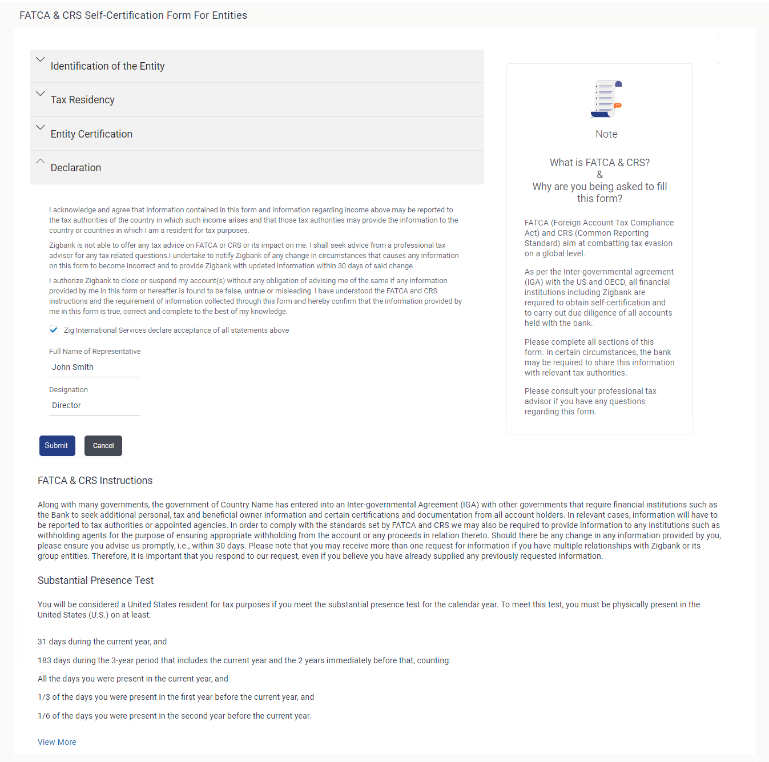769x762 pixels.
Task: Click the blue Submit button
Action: pos(57,446)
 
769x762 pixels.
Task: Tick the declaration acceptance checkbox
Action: pos(54,330)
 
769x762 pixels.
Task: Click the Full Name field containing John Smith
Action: pos(94,367)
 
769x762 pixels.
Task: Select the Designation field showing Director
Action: pos(94,405)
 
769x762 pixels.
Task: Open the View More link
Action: pos(57,742)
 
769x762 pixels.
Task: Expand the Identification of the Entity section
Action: pos(107,66)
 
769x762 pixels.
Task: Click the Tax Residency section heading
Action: pos(83,100)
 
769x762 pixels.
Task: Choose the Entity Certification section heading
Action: pos(91,134)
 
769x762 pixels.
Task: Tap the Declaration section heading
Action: pos(76,168)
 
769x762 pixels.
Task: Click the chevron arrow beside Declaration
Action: pos(40,162)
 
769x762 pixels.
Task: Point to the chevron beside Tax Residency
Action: pos(40,94)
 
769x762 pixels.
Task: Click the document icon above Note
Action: pos(606,99)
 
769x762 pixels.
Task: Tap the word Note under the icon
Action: pos(606,134)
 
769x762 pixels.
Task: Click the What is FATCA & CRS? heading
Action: pos(599,163)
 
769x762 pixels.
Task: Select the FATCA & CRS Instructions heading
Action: pos(95,481)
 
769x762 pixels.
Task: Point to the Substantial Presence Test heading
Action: pos(96,580)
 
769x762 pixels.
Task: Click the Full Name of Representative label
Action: pos(95,352)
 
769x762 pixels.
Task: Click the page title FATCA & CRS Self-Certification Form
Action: pos(133,15)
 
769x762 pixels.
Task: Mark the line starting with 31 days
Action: pos(102,642)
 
